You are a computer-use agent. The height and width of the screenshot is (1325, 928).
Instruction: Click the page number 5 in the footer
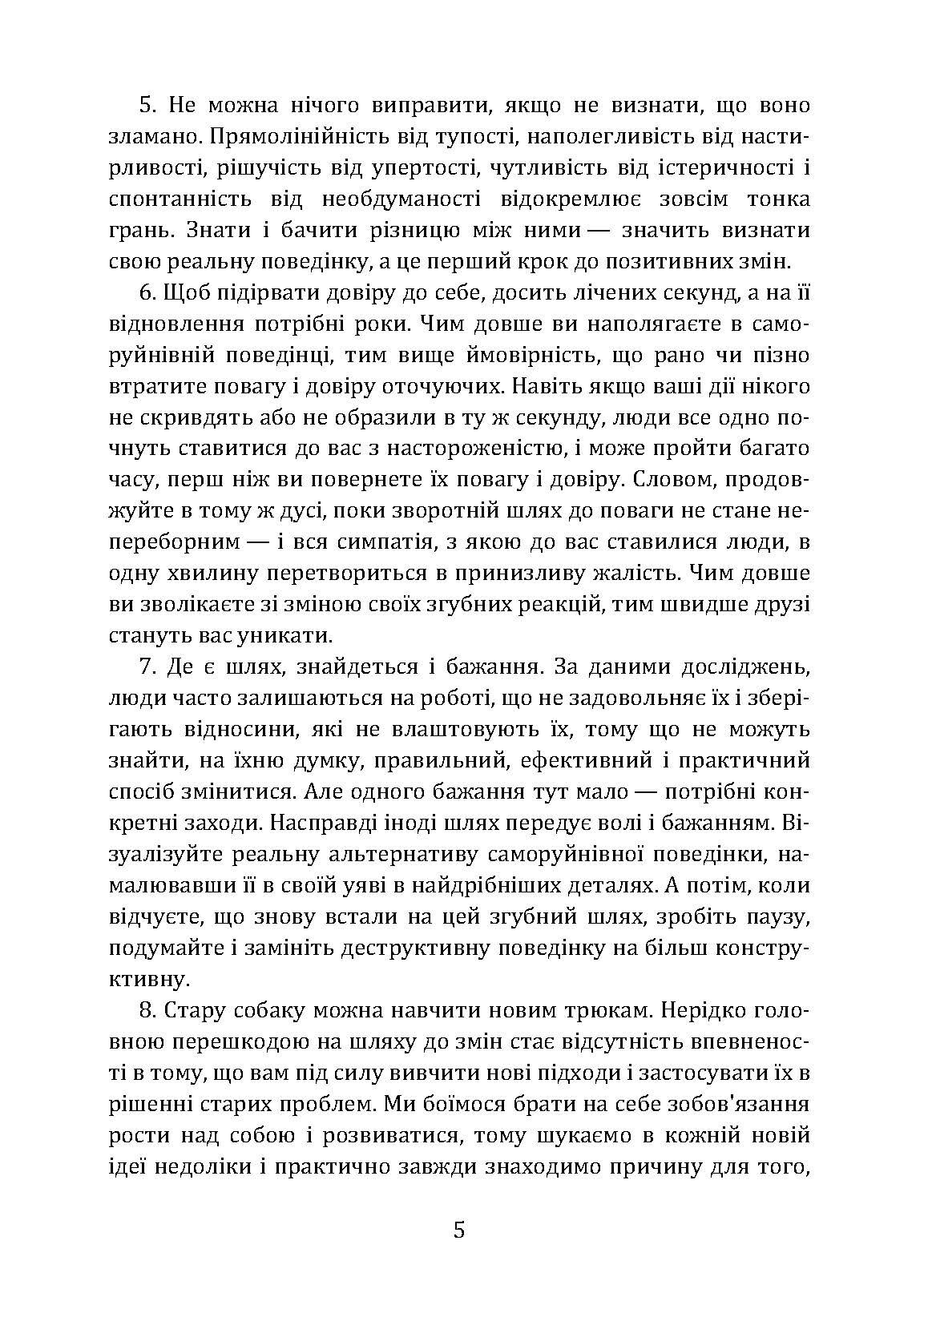[458, 1230]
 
